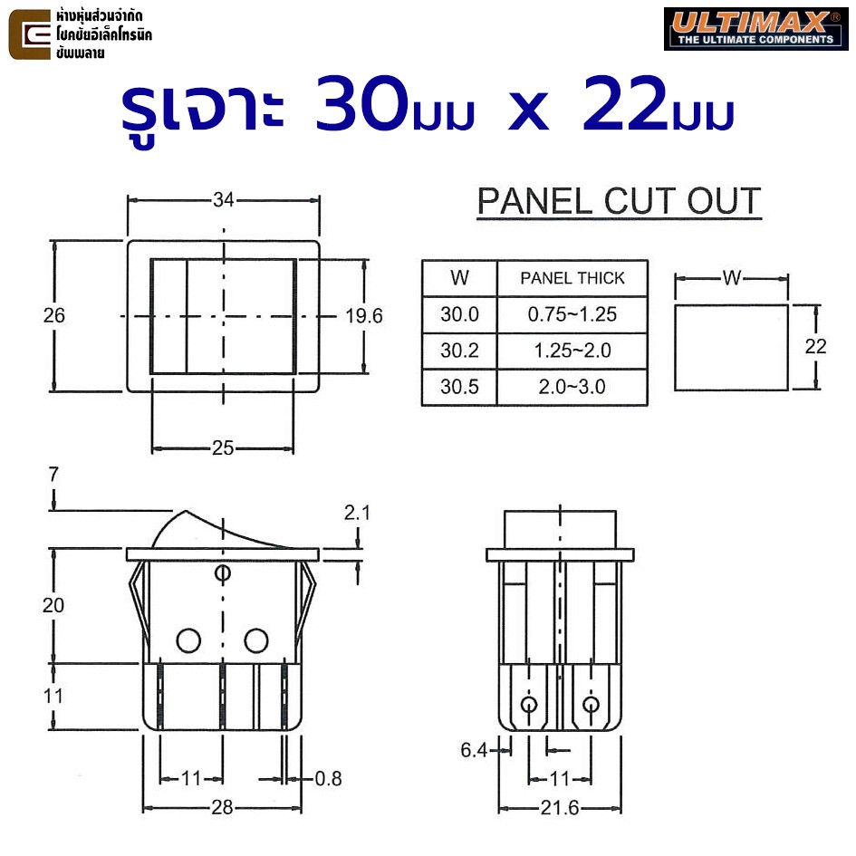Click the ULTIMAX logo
tap(755, 29)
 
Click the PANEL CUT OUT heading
tap(619, 201)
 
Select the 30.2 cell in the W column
tap(459, 351)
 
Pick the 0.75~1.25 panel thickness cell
tap(572, 314)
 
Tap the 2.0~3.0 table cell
tap(572, 387)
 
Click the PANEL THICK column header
tap(572, 278)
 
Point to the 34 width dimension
tap(223, 200)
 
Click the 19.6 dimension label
tap(364, 316)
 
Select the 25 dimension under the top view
tap(223, 448)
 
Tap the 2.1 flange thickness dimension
tap(357, 513)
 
